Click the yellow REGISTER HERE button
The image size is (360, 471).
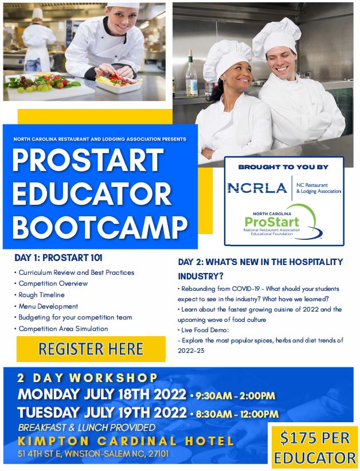coord(91,349)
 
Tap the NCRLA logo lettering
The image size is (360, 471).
coord(257,188)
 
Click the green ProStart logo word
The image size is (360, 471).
coord(272,221)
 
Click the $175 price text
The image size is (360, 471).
coord(315,438)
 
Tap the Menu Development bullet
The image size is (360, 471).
coord(48,306)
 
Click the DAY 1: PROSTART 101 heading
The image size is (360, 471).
coord(58,258)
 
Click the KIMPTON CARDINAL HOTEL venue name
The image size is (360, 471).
coord(126,441)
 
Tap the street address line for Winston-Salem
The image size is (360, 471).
coord(93,454)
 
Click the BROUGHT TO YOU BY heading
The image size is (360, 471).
coord(283,167)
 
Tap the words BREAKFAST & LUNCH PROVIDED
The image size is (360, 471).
coord(87,427)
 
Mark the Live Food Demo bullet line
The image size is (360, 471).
coord(204,330)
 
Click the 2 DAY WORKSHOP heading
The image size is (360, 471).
coord(87,378)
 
